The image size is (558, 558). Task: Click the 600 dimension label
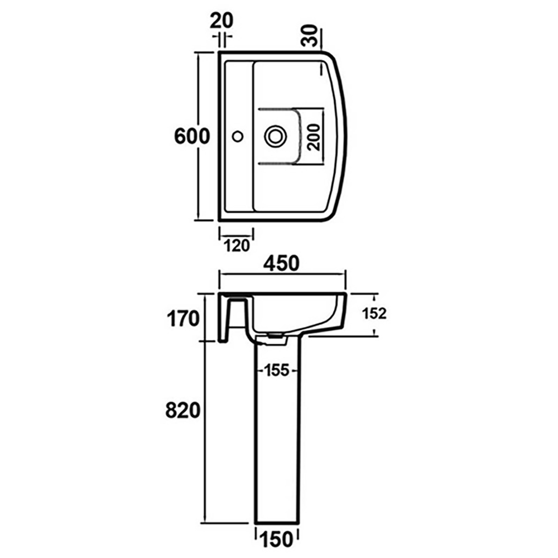click(191, 136)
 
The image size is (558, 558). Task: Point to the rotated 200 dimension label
click(314, 137)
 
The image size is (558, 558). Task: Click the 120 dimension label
click(236, 246)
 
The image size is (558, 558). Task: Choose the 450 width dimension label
click(282, 263)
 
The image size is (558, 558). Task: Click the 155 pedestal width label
click(277, 371)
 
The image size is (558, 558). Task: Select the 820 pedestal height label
click(182, 411)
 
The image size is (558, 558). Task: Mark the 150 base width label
click(277, 540)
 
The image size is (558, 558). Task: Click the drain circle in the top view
click(275, 136)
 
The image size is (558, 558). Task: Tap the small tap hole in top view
click(238, 135)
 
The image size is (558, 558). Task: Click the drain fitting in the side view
click(275, 336)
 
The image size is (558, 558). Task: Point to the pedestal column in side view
click(277, 446)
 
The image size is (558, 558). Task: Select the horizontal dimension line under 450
click(282, 274)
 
